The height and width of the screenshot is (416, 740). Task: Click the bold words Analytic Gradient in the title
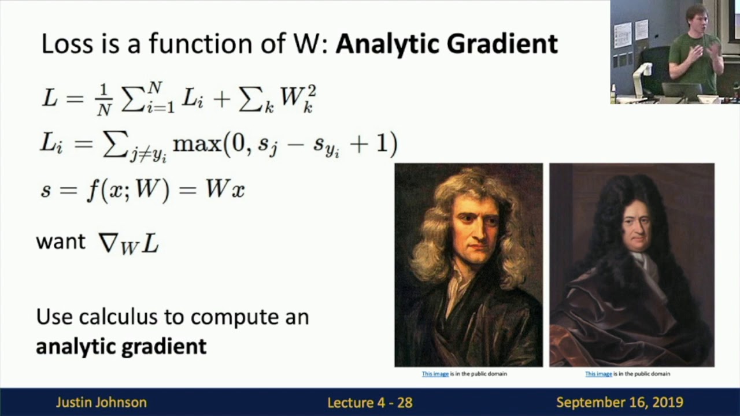click(x=446, y=44)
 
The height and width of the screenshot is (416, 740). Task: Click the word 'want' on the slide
click(x=61, y=242)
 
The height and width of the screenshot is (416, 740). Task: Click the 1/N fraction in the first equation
click(x=103, y=99)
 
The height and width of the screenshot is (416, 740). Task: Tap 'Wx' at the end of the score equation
click(x=225, y=190)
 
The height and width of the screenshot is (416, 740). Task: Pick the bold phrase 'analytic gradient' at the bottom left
click(x=121, y=346)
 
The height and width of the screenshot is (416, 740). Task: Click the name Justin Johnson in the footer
click(x=101, y=403)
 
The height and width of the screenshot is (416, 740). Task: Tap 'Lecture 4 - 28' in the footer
click(x=370, y=403)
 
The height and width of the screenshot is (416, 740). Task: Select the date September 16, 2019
click(x=620, y=403)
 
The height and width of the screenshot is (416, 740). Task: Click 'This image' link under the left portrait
click(x=435, y=374)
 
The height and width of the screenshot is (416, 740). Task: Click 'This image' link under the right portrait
click(x=598, y=374)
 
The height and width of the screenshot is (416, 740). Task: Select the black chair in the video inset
click(x=656, y=69)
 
